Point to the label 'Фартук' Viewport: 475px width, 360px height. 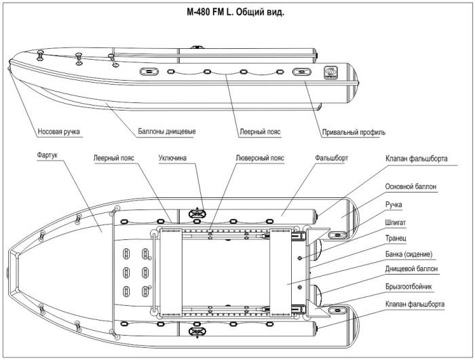pyautogui.click(x=49, y=155)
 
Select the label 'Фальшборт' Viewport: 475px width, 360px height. pyautogui.click(x=332, y=157)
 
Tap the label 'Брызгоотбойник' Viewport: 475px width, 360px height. pyautogui.click(x=413, y=287)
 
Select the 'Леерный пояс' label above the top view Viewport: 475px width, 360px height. pyautogui.click(x=113, y=157)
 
